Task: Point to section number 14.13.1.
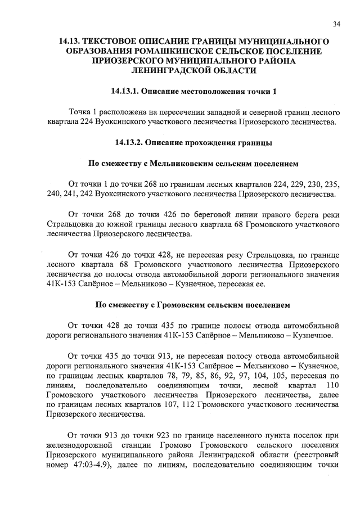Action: point(125,91)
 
